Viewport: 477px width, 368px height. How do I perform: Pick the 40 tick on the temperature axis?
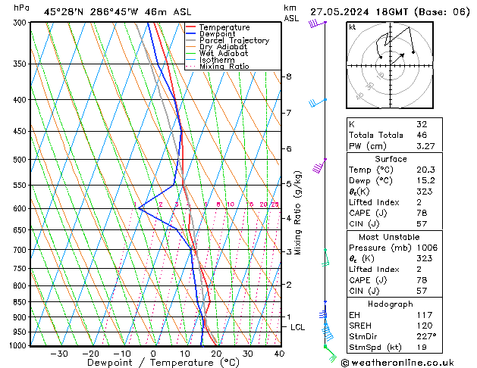279,354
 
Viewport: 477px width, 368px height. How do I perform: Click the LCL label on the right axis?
298,327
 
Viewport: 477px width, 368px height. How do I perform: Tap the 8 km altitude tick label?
288,76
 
